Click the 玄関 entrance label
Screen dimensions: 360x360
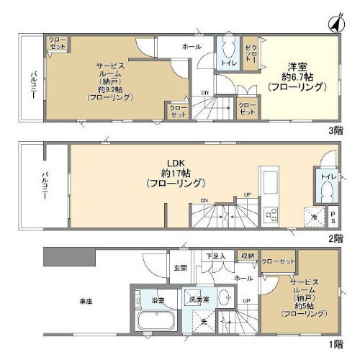point(179,268)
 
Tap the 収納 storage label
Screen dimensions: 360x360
point(247,256)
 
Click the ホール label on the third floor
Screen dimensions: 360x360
point(191,46)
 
